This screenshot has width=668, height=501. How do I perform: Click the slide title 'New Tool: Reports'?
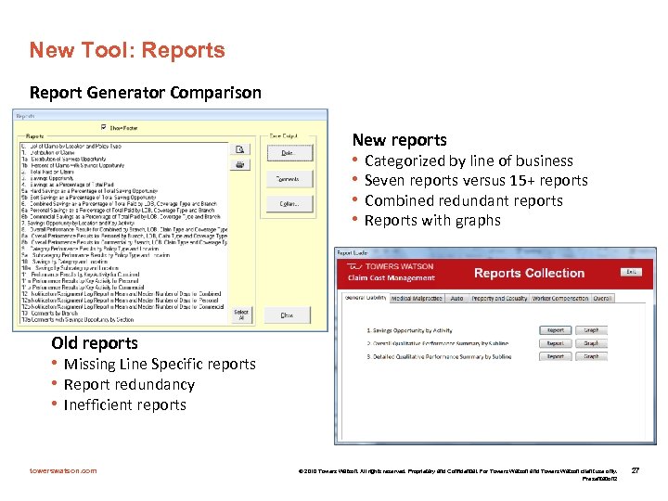point(126,50)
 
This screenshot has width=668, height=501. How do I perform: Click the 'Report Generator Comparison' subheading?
point(146,93)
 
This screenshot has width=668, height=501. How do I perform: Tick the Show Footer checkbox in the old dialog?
point(103,128)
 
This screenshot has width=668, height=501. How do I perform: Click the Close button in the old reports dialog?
point(287,315)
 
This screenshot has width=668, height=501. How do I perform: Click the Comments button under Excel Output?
point(288,178)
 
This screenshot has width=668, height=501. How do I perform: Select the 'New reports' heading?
point(399,140)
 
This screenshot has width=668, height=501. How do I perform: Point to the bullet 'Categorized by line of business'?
point(469,161)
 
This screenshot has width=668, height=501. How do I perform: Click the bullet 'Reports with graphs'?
point(432,221)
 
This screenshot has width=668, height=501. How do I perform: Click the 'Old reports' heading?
point(95,343)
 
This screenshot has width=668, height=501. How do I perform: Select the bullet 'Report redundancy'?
point(129,384)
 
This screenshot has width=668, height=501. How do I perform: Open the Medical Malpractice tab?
point(416,299)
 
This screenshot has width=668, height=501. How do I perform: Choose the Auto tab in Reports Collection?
point(456,299)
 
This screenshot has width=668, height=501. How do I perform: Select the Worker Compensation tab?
point(561,299)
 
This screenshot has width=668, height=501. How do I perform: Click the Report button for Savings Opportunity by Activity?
point(555,330)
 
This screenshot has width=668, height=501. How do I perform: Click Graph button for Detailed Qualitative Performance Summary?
point(591,356)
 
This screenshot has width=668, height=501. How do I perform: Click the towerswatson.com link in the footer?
point(63,470)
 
